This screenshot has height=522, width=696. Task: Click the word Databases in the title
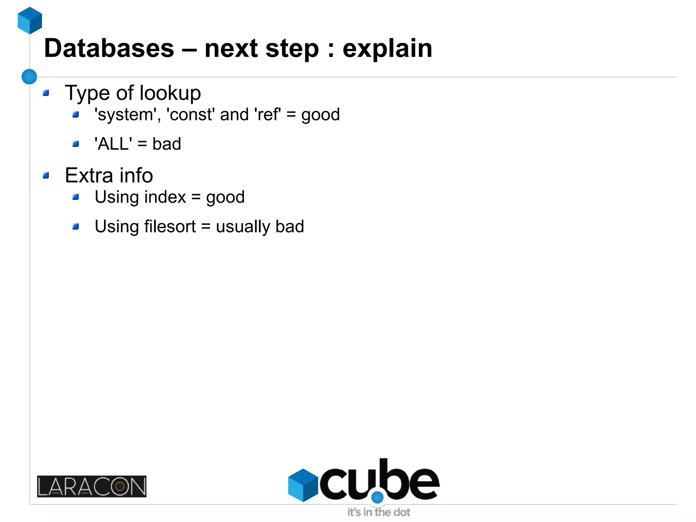click(x=109, y=48)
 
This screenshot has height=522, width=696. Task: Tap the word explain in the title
click(x=387, y=48)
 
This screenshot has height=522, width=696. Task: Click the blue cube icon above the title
click(x=30, y=20)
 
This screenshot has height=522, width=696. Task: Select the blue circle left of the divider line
click(x=29, y=77)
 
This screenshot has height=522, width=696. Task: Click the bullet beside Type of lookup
click(x=46, y=93)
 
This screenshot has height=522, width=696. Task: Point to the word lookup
click(x=170, y=93)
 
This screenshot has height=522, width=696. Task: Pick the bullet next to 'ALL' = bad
click(x=76, y=144)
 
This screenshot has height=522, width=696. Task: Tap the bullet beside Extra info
click(x=46, y=175)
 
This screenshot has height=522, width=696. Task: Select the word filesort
click(x=170, y=226)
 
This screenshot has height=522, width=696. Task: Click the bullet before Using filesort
click(x=76, y=226)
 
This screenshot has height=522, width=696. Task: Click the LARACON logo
click(x=92, y=486)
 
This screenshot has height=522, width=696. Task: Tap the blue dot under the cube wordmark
click(x=377, y=498)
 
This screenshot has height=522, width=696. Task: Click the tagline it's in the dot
click(x=379, y=512)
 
